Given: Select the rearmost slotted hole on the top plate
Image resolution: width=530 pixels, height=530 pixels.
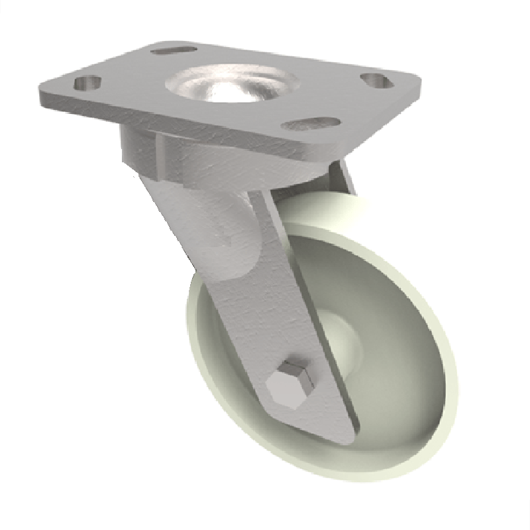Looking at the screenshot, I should tap(174, 50).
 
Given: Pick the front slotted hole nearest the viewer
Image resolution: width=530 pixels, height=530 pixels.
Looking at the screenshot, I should tap(310, 123).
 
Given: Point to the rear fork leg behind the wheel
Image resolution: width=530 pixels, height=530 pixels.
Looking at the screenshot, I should tap(341, 176).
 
